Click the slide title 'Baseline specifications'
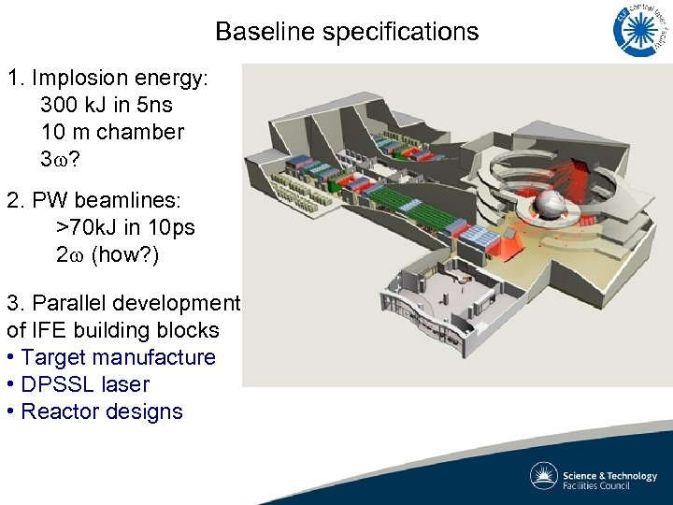point(347,32)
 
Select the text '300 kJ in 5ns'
point(107,105)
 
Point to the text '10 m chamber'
point(112,132)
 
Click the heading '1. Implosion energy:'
point(107,78)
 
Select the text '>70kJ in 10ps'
point(125,227)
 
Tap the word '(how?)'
point(125,254)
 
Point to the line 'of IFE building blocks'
point(112,330)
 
